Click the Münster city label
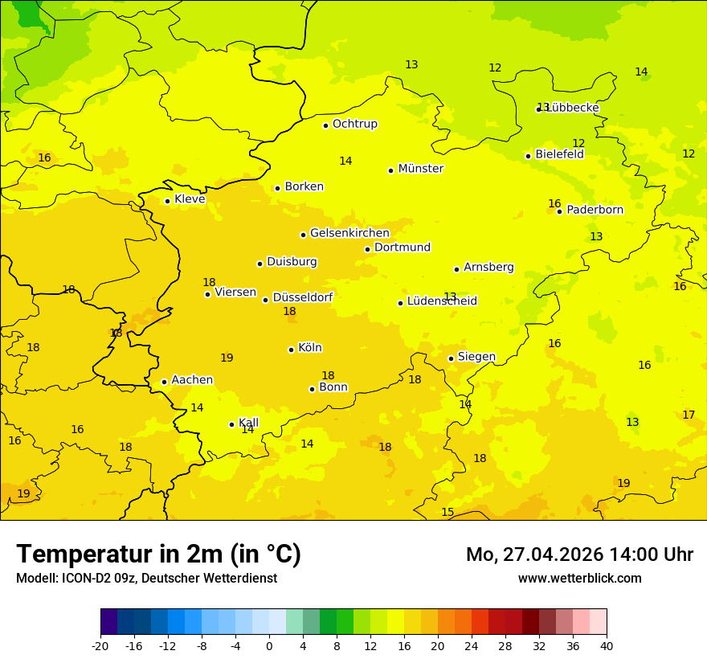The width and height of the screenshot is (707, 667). coord(420,169)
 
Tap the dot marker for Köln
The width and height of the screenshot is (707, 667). coord(291,350)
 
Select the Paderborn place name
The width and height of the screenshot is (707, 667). coord(595,210)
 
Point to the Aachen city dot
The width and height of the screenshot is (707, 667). coord(164,382)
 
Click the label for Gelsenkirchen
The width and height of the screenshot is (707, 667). coord(349,233)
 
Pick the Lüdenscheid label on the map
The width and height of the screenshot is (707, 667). coord(442,301)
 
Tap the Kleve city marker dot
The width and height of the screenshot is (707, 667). coord(167,201)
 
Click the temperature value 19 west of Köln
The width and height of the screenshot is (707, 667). coord(227,358)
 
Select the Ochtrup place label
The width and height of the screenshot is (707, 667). coord(354,124)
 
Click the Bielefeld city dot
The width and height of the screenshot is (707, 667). coord(528,156)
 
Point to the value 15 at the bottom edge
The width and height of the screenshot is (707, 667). coord(447,512)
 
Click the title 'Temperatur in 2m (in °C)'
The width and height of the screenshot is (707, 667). coord(158,554)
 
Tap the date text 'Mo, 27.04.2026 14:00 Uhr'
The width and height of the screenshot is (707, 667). coord(579,554)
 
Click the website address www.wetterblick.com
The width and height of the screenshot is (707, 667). coord(579,578)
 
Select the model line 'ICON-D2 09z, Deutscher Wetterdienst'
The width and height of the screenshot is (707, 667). coord(146,578)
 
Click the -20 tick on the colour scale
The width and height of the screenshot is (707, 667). coord(100,645)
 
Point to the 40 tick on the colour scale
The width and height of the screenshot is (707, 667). coord(606,645)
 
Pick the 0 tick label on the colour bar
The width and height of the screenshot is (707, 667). coord(269,645)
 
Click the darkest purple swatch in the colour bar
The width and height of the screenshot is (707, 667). coord(108,622)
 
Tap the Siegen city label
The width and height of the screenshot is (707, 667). coord(476,357)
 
